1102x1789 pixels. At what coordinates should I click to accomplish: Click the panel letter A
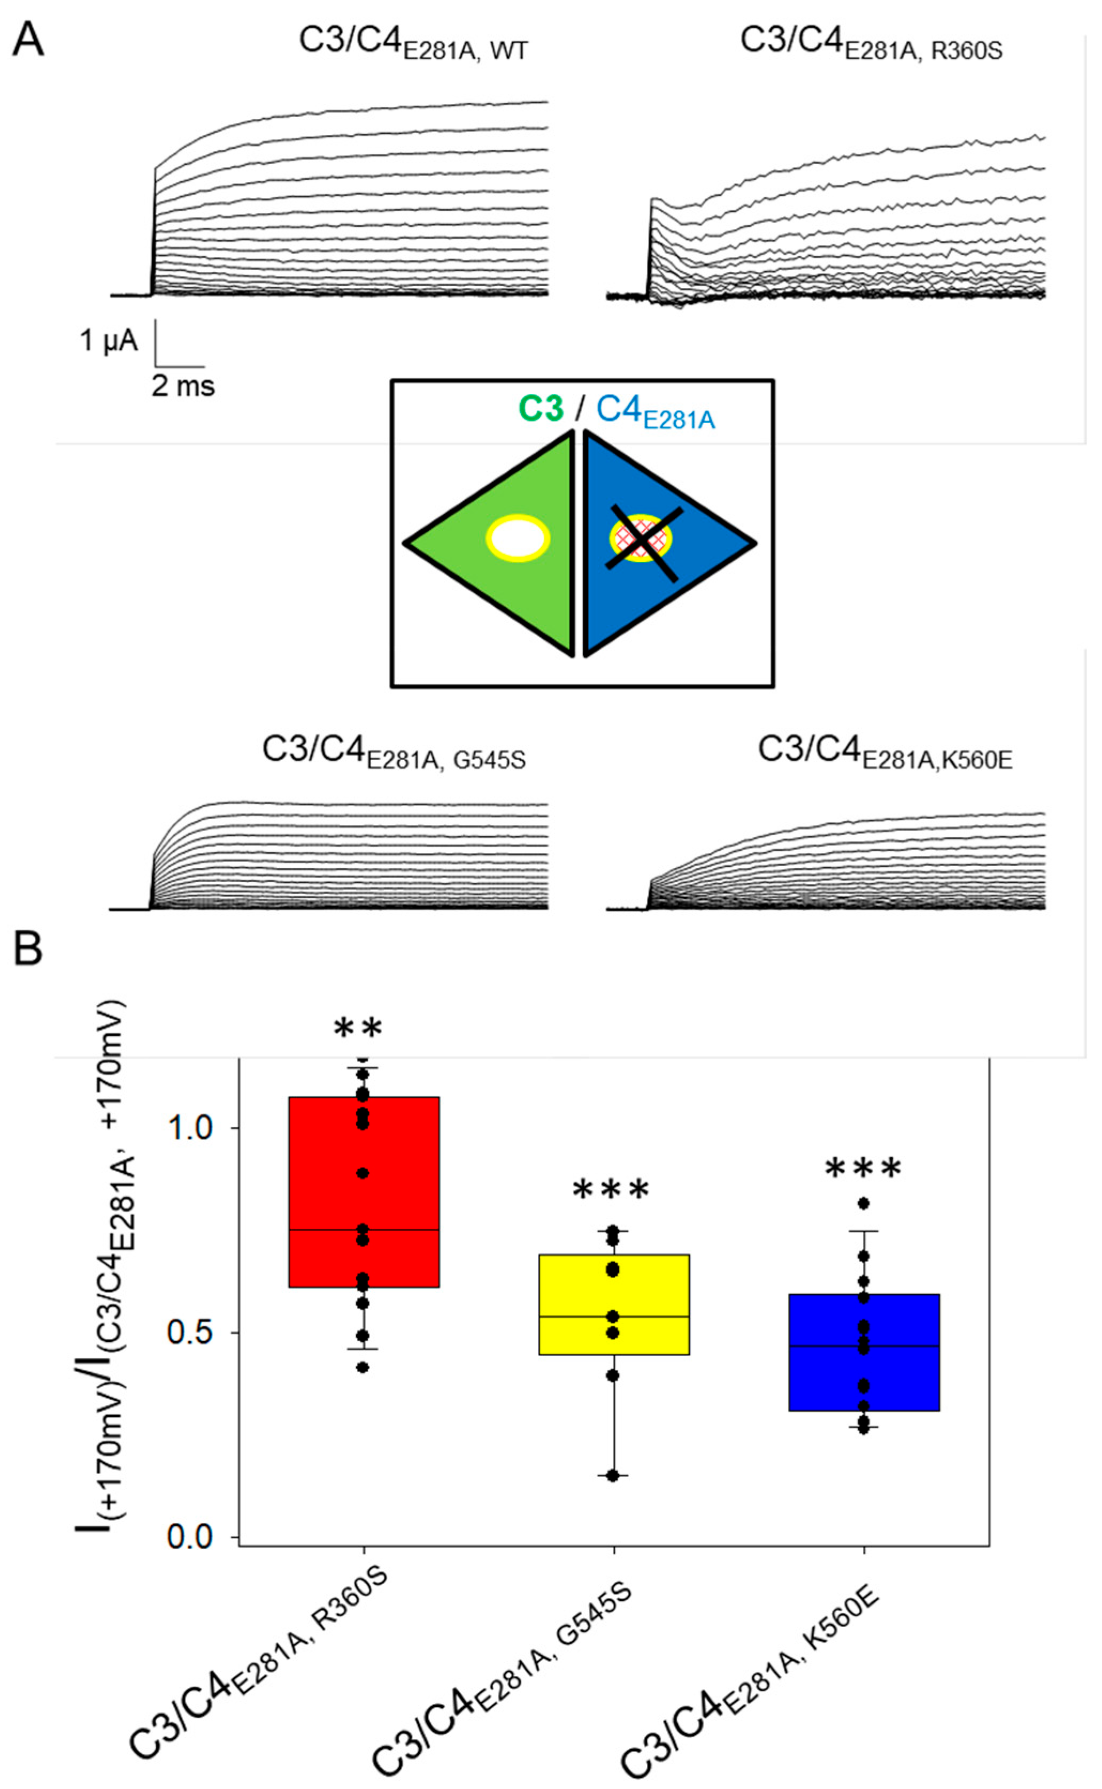28,40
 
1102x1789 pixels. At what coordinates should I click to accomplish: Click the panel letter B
28,950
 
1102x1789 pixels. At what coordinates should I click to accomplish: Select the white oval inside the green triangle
518,539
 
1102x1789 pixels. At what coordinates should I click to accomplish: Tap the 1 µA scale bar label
109,340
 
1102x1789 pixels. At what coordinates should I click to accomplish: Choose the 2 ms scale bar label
183,386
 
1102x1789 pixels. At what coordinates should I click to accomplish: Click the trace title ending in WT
413,42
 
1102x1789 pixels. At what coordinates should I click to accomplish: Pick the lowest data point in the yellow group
613,1475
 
